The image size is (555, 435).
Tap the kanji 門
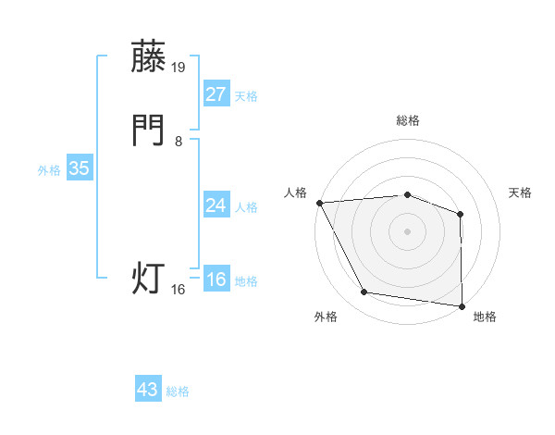pyautogui.click(x=149, y=131)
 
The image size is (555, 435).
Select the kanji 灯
pyautogui.click(x=149, y=278)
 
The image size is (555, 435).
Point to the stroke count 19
pyautogui.click(x=179, y=67)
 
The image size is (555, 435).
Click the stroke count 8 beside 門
pyautogui.click(x=178, y=142)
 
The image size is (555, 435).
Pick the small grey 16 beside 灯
pyautogui.click(x=179, y=290)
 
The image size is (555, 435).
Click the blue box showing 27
pyautogui.click(x=216, y=94)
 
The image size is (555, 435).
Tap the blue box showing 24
pyautogui.click(x=216, y=205)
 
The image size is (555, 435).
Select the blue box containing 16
pyautogui.click(x=216, y=280)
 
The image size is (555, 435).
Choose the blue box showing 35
pyautogui.click(x=79, y=168)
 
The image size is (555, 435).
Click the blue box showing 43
pyautogui.click(x=148, y=390)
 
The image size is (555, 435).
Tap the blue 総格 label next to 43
pyautogui.click(x=178, y=391)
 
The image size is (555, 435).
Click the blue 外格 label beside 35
pyautogui.click(x=49, y=170)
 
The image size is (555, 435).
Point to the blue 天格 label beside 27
pyautogui.click(x=246, y=96)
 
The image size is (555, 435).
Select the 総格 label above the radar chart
pyautogui.click(x=407, y=120)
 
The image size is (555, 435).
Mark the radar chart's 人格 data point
pyautogui.click(x=319, y=202)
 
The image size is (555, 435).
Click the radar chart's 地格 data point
pyautogui.click(x=462, y=305)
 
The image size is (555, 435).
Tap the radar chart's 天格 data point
pyautogui.click(x=461, y=214)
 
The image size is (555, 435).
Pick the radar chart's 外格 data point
pyautogui.click(x=364, y=293)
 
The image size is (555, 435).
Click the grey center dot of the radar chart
pyautogui.click(x=407, y=230)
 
